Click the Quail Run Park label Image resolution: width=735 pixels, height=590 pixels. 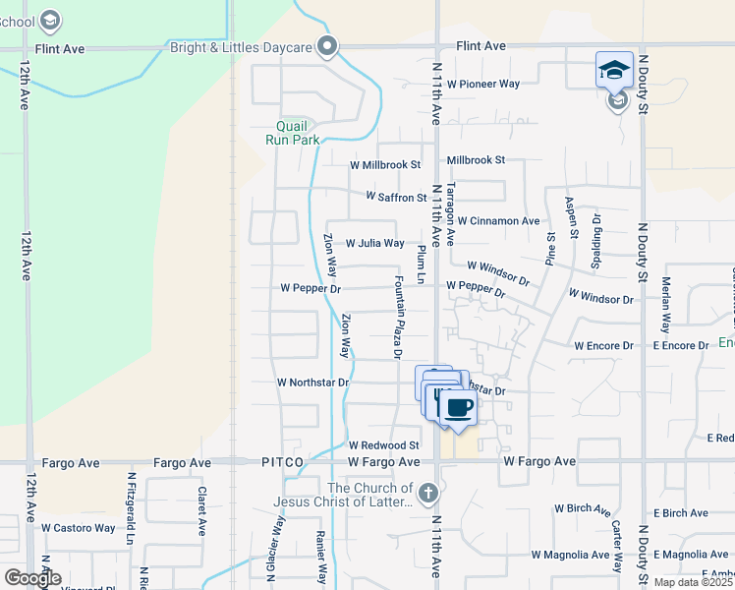292,133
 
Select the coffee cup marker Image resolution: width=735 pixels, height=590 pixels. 457,406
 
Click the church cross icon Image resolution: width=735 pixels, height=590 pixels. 426,492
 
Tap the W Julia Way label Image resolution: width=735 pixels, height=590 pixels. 374,243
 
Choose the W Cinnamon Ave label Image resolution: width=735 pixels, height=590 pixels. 498,221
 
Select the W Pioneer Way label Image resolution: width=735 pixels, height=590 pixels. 482,85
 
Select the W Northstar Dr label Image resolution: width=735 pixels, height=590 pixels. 312,382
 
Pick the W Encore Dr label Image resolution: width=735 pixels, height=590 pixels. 605,345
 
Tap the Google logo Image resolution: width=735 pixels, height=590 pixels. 32,577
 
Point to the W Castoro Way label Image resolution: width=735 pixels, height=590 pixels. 78,528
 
